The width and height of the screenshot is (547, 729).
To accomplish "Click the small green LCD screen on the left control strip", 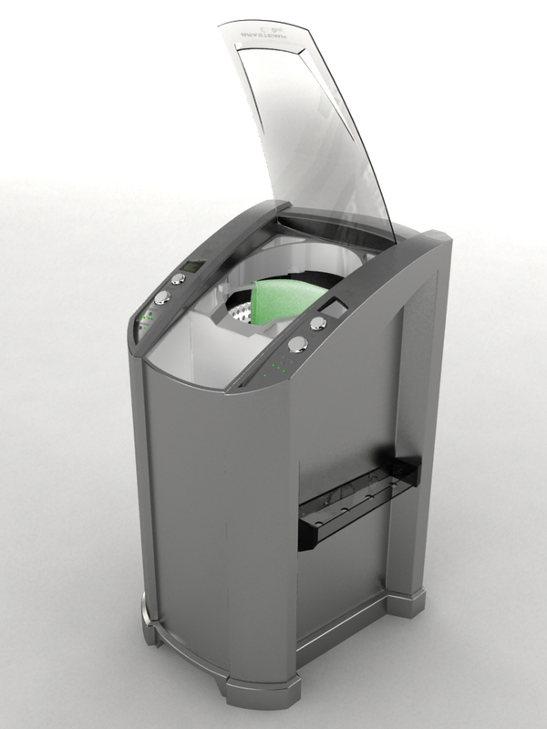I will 191,266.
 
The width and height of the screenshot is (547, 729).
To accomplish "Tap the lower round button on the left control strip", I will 161,297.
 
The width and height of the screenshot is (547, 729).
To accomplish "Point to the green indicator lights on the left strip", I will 146,318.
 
